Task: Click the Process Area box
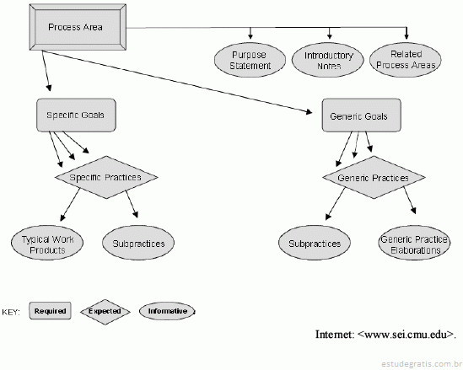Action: (x=78, y=27)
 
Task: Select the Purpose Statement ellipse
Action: (x=250, y=60)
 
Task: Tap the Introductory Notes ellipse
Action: (x=328, y=60)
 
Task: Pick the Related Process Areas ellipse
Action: (x=406, y=60)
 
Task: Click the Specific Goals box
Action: (x=76, y=115)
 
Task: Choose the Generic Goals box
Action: (x=362, y=115)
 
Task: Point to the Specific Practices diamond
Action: (x=106, y=177)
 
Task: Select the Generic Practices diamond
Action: (x=374, y=177)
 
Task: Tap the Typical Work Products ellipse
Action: (x=47, y=243)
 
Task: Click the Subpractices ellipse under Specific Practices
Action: (x=138, y=243)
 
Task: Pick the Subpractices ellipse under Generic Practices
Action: (x=315, y=243)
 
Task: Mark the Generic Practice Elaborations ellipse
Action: (x=414, y=243)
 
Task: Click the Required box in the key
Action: (x=51, y=311)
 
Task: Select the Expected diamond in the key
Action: (x=105, y=312)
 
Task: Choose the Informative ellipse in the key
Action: (x=167, y=311)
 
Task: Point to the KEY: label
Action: (x=11, y=312)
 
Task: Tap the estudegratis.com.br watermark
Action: (x=422, y=363)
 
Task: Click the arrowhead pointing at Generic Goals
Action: (x=310, y=111)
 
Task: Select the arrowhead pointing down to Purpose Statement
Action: (x=250, y=36)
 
